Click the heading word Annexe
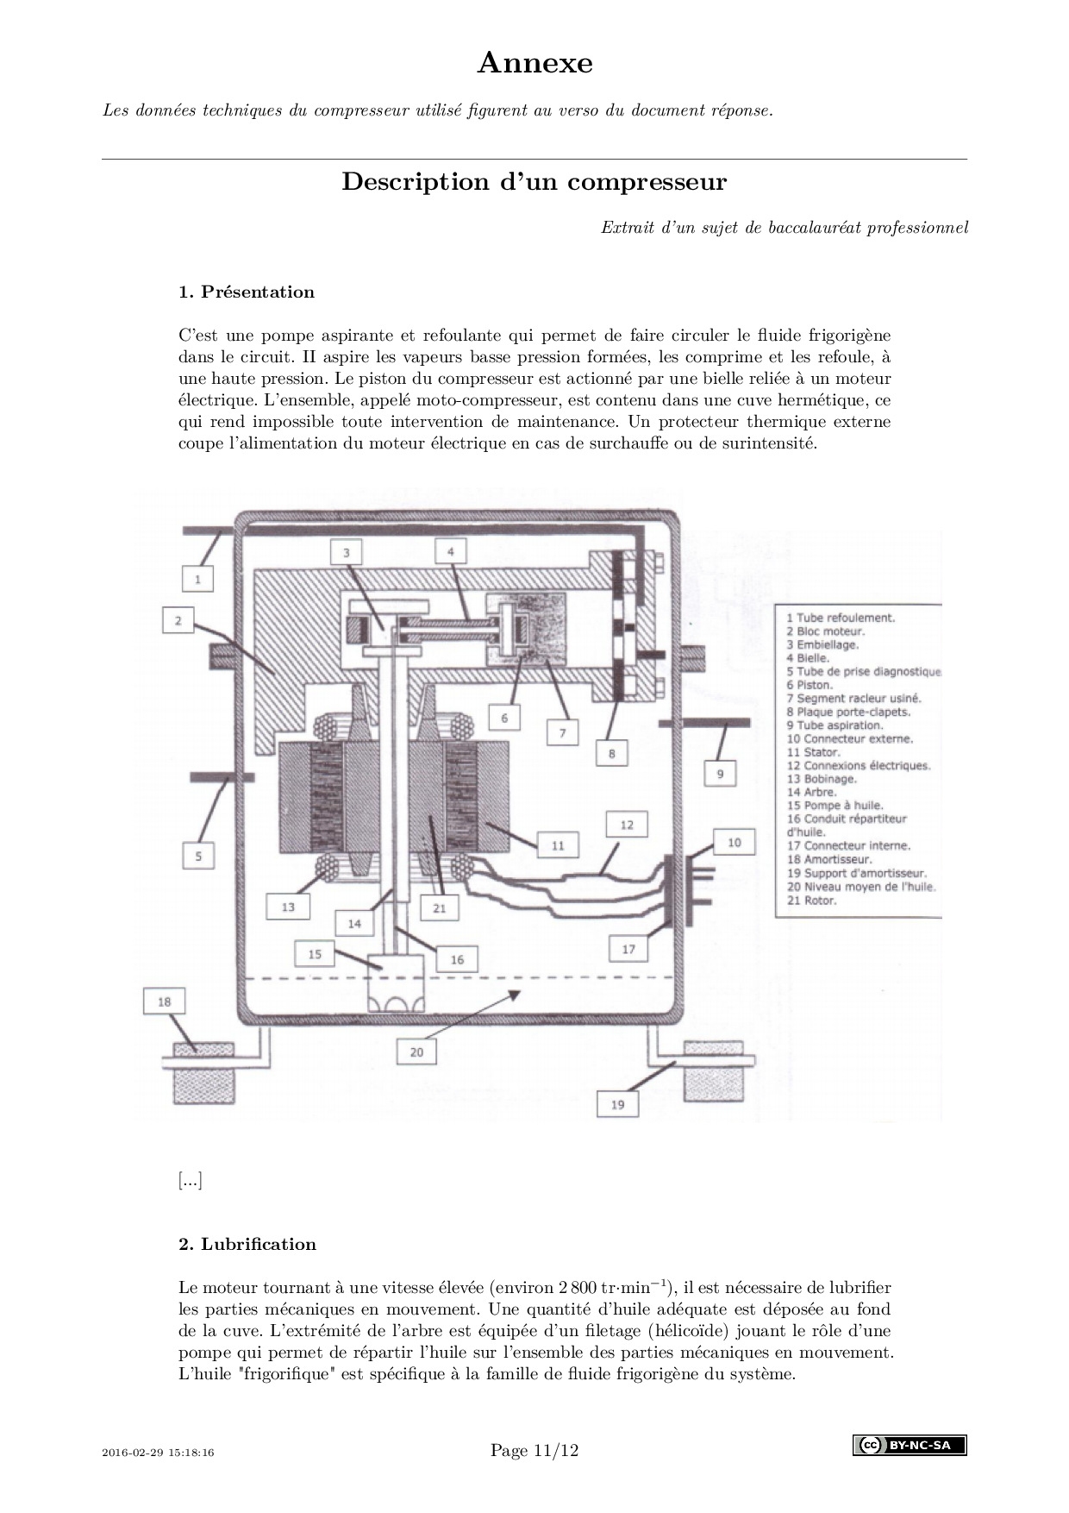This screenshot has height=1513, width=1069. point(534,63)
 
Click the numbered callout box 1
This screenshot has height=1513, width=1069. point(197,578)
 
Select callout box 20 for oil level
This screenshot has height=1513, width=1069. point(416,1052)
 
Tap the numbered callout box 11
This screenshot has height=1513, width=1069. point(558,845)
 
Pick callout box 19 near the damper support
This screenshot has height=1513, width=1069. point(617,1104)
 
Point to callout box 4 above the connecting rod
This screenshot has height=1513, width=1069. point(450,551)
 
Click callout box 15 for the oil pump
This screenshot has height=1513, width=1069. point(315,954)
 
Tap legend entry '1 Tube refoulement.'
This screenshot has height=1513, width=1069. point(840,618)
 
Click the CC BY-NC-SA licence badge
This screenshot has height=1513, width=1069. point(910,1445)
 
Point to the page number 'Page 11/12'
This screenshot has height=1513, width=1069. point(534,1451)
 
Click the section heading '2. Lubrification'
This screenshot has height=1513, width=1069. point(247,1244)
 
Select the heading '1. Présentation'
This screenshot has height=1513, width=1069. point(247,292)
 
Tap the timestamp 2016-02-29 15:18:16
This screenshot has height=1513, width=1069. point(158,1453)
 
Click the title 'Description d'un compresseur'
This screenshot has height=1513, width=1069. point(534,182)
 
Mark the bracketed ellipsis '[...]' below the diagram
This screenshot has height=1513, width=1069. point(191,1181)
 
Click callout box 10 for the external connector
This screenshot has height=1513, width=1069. point(734,842)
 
